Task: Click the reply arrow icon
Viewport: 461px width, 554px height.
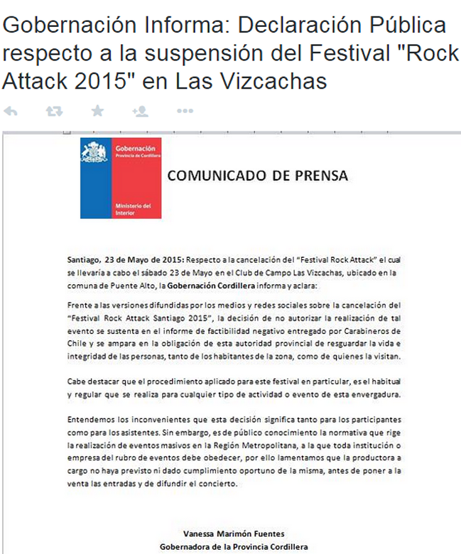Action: [x=10, y=111]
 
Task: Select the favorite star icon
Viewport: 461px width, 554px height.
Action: [x=97, y=111]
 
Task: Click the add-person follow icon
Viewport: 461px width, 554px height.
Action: [x=140, y=111]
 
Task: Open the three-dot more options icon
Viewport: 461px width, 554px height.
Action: [x=185, y=111]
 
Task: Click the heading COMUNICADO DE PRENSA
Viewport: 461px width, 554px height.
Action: [x=258, y=175]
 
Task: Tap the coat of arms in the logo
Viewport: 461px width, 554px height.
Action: [x=94, y=152]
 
